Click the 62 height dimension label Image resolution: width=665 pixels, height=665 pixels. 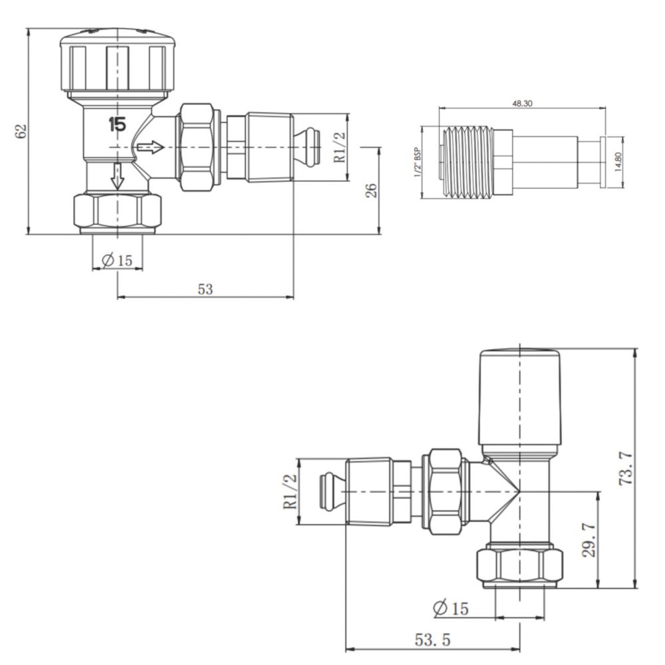(x=21, y=131)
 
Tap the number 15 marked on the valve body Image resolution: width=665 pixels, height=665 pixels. (x=118, y=124)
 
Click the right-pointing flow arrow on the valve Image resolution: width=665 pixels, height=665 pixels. (x=150, y=148)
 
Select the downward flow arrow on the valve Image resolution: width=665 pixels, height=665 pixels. (x=118, y=176)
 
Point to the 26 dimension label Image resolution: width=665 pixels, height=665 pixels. (x=370, y=190)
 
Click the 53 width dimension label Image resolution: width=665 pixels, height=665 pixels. (x=205, y=289)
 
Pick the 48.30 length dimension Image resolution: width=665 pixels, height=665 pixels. (x=522, y=103)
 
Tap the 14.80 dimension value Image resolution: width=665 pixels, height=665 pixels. (x=618, y=162)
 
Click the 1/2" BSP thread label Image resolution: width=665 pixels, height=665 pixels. (x=418, y=162)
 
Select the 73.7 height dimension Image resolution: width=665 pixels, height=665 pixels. (x=627, y=468)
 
